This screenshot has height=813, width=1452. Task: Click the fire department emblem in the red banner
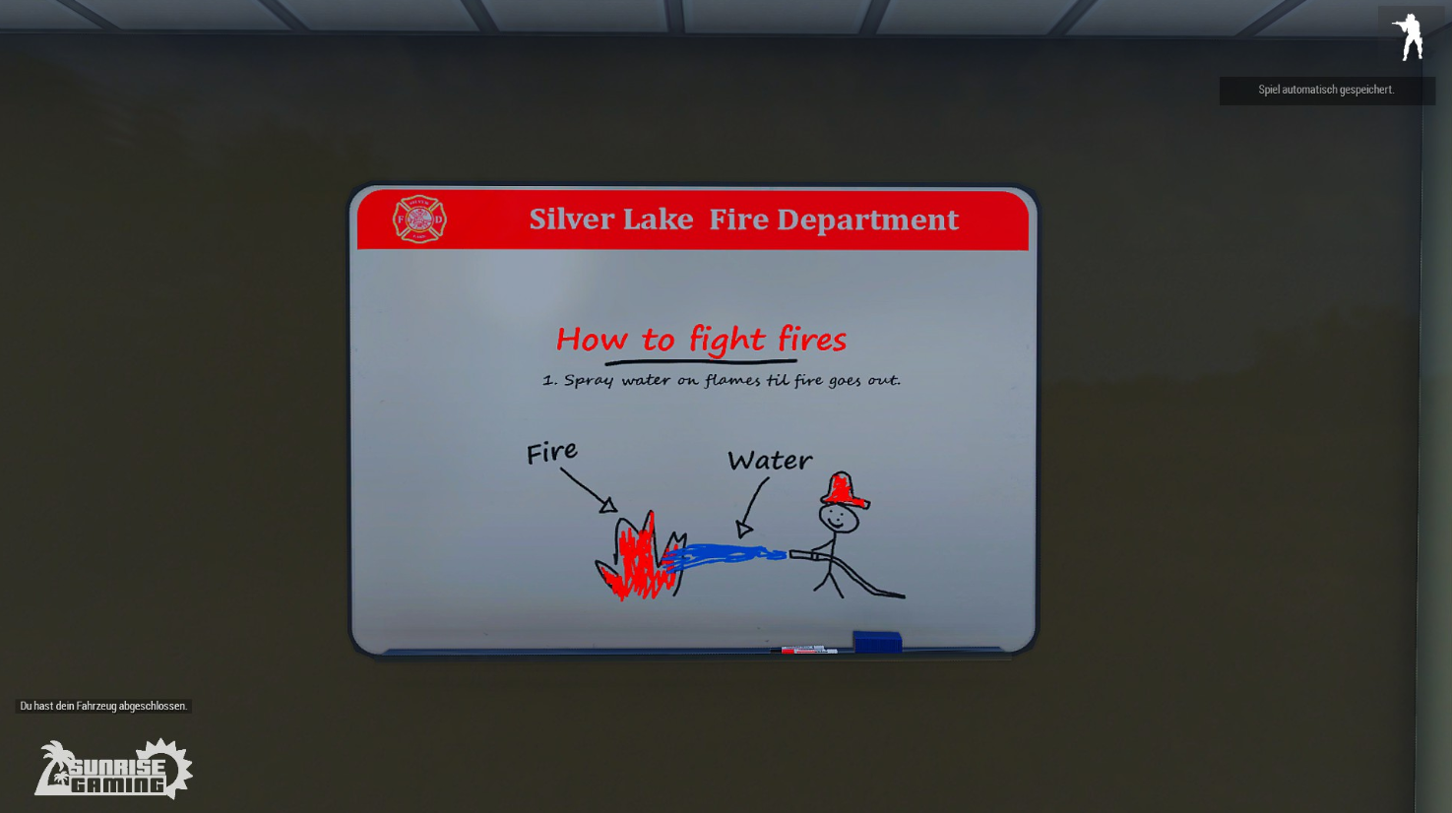pos(419,219)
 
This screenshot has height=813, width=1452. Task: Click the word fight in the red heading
pos(726,340)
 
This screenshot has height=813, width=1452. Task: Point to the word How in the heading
pos(592,340)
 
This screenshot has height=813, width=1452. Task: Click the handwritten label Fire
pos(551,452)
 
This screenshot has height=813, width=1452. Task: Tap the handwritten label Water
pos(770,461)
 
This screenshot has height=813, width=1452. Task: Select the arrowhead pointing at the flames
pos(608,505)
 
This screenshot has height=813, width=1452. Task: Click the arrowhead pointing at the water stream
pos(744,530)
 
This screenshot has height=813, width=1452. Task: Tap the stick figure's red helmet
pos(844,490)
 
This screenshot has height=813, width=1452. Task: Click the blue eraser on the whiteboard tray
pos(877,641)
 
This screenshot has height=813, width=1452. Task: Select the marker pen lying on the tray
pos(803,649)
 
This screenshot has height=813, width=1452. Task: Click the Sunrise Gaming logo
pos(113,770)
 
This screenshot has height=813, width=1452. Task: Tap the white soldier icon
pos(1408,37)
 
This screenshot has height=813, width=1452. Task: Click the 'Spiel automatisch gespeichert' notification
pos(1326,91)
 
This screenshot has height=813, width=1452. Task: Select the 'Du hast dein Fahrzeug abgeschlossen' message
pos(103,706)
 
